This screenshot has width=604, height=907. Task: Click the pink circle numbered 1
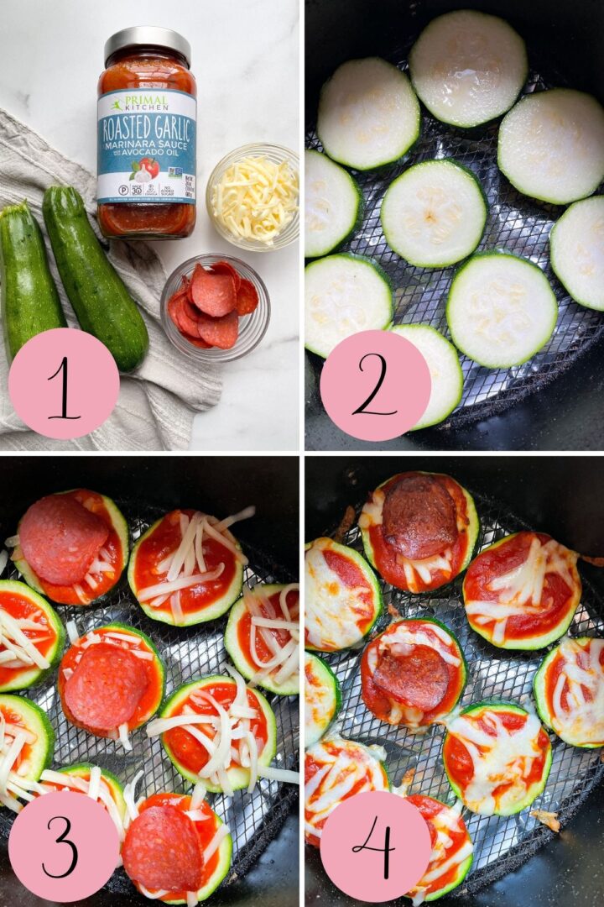pyautogui.click(x=64, y=383)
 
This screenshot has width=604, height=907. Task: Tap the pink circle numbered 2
pyautogui.click(x=375, y=385)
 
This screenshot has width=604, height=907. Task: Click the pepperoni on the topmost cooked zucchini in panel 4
pyautogui.click(x=419, y=505)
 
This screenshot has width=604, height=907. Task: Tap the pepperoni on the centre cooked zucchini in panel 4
pyautogui.click(x=412, y=677)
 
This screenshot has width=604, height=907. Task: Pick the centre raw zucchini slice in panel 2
pyautogui.click(x=433, y=213)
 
